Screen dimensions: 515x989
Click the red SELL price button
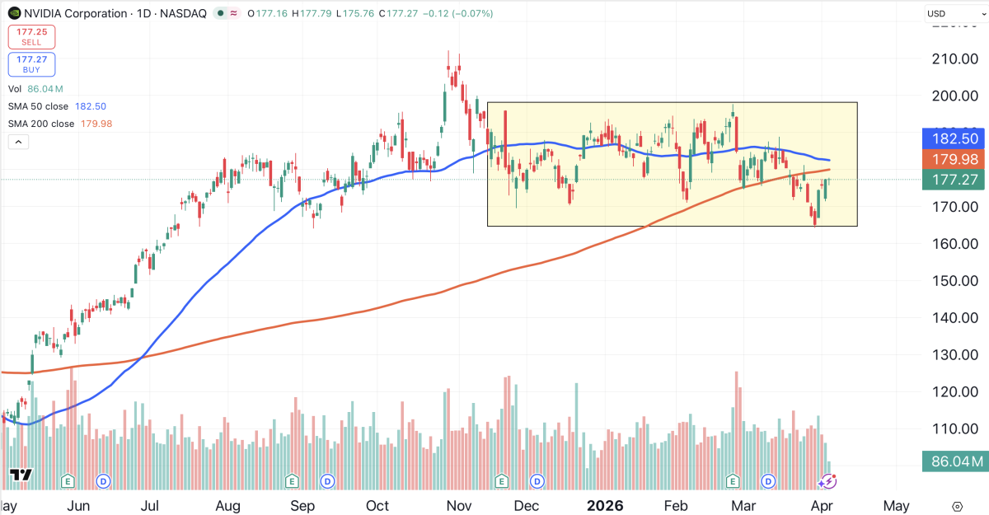coord(31,36)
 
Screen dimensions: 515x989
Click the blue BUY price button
coord(31,64)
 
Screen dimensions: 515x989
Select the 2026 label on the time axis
coord(606,505)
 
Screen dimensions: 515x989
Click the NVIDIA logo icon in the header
coord(14,13)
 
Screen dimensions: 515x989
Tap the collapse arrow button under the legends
coord(18,142)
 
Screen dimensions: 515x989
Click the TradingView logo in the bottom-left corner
coord(20,475)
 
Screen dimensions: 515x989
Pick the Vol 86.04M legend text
coord(35,89)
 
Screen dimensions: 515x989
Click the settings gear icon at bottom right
coord(957,506)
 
